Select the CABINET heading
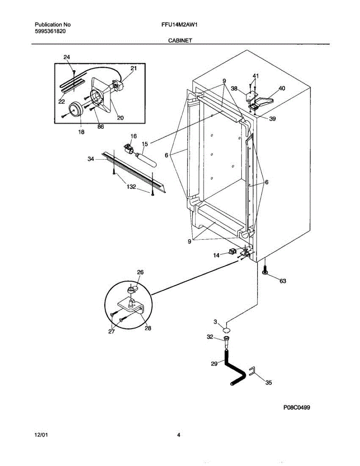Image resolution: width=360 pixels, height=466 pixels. [x=180, y=40]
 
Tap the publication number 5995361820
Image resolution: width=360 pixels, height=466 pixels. [x=50, y=31]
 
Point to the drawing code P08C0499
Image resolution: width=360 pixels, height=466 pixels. [x=297, y=407]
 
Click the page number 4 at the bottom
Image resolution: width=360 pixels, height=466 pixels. [x=179, y=435]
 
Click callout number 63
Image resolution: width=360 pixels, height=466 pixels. [x=282, y=281]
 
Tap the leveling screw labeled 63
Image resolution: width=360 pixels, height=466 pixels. [x=265, y=271]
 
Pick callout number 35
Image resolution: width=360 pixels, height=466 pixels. [x=268, y=383]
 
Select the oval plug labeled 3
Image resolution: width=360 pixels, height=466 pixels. [x=226, y=330]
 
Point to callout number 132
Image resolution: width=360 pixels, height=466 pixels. [x=131, y=187]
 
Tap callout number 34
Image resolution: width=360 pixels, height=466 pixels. [x=90, y=158]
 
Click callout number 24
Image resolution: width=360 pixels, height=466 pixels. [x=67, y=57]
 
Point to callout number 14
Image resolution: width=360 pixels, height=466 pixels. [x=216, y=255]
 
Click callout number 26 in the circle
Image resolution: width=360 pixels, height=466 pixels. [x=140, y=273]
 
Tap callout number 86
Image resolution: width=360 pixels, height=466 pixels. [x=101, y=127]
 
